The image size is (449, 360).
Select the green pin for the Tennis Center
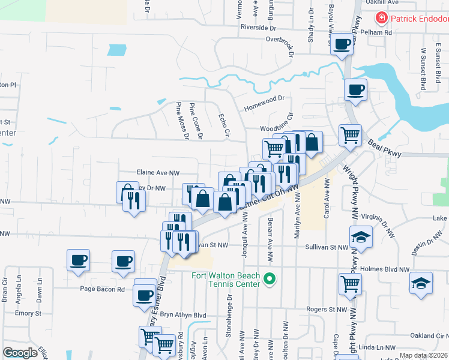pos(270,278)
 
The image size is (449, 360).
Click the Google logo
pos(20,352)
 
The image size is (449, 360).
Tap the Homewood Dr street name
pos(263,107)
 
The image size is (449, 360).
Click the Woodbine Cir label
pos(276,128)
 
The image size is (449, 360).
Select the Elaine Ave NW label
pos(158,173)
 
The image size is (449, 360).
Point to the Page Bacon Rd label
pos(103,289)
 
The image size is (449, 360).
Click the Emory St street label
pos(28,313)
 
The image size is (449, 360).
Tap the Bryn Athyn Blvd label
pos(178,315)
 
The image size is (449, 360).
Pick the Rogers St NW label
pos(327,310)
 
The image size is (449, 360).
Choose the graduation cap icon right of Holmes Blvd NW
pos(421,283)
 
